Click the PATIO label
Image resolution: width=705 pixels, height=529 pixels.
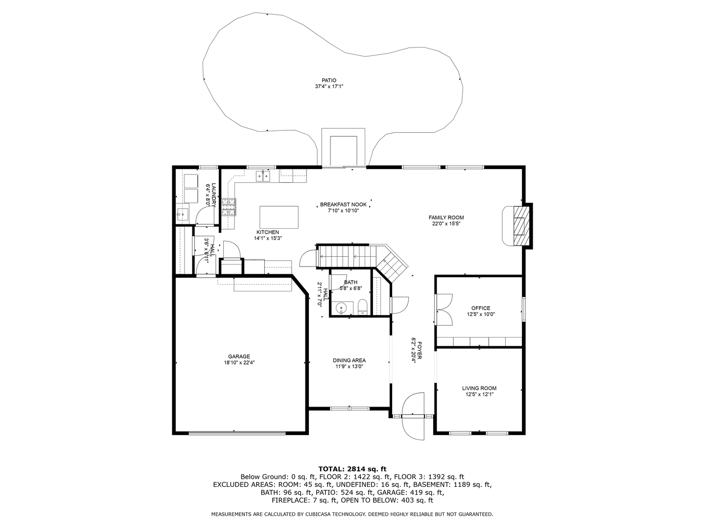pos(329,80)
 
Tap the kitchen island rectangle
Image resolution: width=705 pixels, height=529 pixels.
pos(279,217)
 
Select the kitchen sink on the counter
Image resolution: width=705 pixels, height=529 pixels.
pos(263,176)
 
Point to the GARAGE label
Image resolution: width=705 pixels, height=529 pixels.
pos(239,356)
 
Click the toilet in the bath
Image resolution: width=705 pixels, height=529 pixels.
pos(362,307)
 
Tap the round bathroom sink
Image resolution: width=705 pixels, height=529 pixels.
pos(340,309)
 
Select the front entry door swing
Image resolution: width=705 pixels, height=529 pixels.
pos(413,416)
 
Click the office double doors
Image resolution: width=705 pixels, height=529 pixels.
pos(444,310)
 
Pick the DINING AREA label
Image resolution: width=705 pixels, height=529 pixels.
pos(349,361)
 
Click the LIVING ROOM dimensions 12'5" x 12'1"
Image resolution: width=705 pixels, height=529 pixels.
pos(479,394)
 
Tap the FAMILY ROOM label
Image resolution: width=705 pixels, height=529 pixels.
pos(446,217)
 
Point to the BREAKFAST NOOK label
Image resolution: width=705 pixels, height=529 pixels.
pos(343,205)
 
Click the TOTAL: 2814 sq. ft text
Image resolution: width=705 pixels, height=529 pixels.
pos(352,469)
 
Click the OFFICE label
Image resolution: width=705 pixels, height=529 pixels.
pos(481,308)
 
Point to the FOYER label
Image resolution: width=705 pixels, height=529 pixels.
pos(420,350)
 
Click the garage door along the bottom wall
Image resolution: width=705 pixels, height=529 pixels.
pos(237,433)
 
